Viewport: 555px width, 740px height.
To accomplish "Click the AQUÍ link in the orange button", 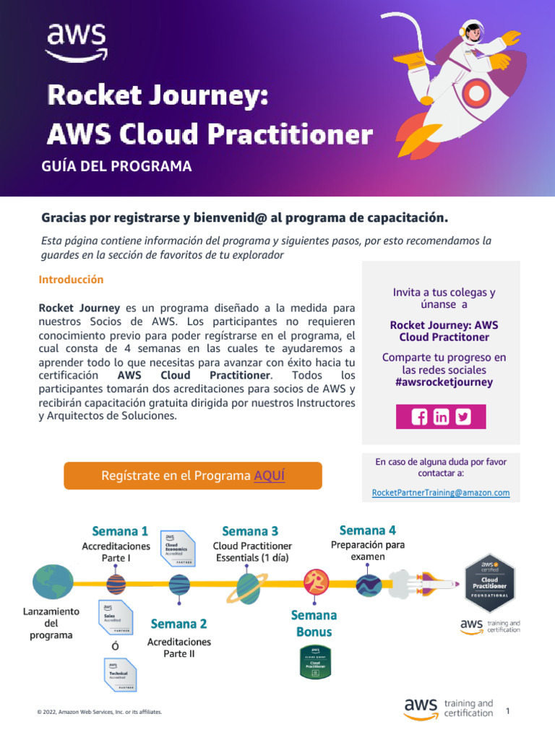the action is [x=270, y=476].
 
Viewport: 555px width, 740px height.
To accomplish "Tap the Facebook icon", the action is [x=419, y=417].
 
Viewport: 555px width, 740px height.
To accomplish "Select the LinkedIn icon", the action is [x=442, y=417].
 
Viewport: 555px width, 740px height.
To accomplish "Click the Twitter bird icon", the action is [x=463, y=417].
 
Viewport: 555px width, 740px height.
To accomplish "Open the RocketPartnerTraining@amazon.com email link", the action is [x=441, y=493].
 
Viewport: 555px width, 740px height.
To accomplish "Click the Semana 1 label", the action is [x=120, y=531].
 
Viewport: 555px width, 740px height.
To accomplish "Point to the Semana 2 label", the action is [x=179, y=624].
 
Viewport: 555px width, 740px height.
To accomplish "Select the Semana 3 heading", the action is [x=250, y=531].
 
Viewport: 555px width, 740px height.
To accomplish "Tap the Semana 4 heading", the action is [x=367, y=530].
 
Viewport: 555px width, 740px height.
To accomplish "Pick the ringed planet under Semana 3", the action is [x=247, y=588].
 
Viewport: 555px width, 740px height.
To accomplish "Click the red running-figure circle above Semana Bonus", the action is [x=315, y=581].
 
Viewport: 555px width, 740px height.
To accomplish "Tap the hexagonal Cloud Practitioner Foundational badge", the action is [x=489, y=582].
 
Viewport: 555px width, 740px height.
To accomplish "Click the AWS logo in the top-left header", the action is [x=77, y=41].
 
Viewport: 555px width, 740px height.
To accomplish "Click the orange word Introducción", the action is [x=71, y=280].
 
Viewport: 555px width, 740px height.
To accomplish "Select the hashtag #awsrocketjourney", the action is [x=444, y=382].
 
